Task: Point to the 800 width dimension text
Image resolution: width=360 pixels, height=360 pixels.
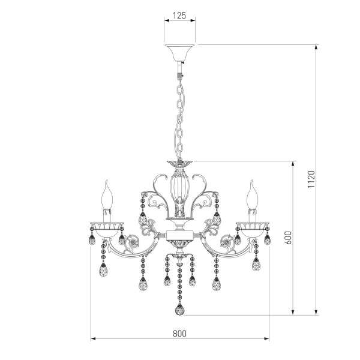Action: click(x=180, y=333)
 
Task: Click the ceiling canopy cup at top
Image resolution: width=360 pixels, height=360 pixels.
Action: click(x=180, y=53)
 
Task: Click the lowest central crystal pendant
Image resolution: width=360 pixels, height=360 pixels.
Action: click(x=180, y=310)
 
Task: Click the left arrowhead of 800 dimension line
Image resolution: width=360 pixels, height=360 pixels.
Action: click(x=92, y=339)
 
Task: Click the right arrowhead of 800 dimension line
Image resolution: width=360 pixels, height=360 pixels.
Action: click(x=268, y=339)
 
